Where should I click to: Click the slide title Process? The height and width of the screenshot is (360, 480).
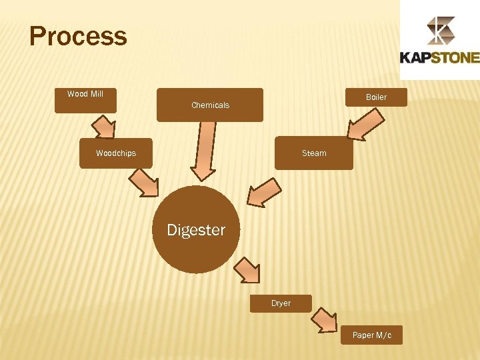pyautogui.click(x=78, y=36)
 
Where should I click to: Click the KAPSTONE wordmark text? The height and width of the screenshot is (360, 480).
pyautogui.click(x=439, y=57)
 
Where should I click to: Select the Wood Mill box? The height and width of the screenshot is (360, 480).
pyautogui.click(x=85, y=101)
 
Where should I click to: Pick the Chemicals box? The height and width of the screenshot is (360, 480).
pyautogui.click(x=210, y=105)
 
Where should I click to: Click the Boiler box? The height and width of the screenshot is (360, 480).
pyautogui.click(x=376, y=97)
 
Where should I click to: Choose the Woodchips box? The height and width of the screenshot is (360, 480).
pyautogui.click(x=116, y=153)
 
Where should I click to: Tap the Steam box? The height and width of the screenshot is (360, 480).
pyautogui.click(x=314, y=153)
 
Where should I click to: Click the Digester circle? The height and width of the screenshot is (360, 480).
pyautogui.click(x=196, y=230)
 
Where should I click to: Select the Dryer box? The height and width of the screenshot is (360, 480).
pyautogui.click(x=281, y=303)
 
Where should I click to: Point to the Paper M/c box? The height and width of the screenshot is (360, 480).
pyautogui.click(x=372, y=335)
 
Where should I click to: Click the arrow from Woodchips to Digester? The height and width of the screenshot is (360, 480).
pyautogui.click(x=143, y=181)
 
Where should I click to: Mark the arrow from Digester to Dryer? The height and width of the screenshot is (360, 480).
pyautogui.click(x=247, y=271)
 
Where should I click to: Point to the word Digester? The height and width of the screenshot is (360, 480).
pyautogui.click(x=196, y=230)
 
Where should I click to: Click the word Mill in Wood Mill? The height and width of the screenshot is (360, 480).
pyautogui.click(x=95, y=94)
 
